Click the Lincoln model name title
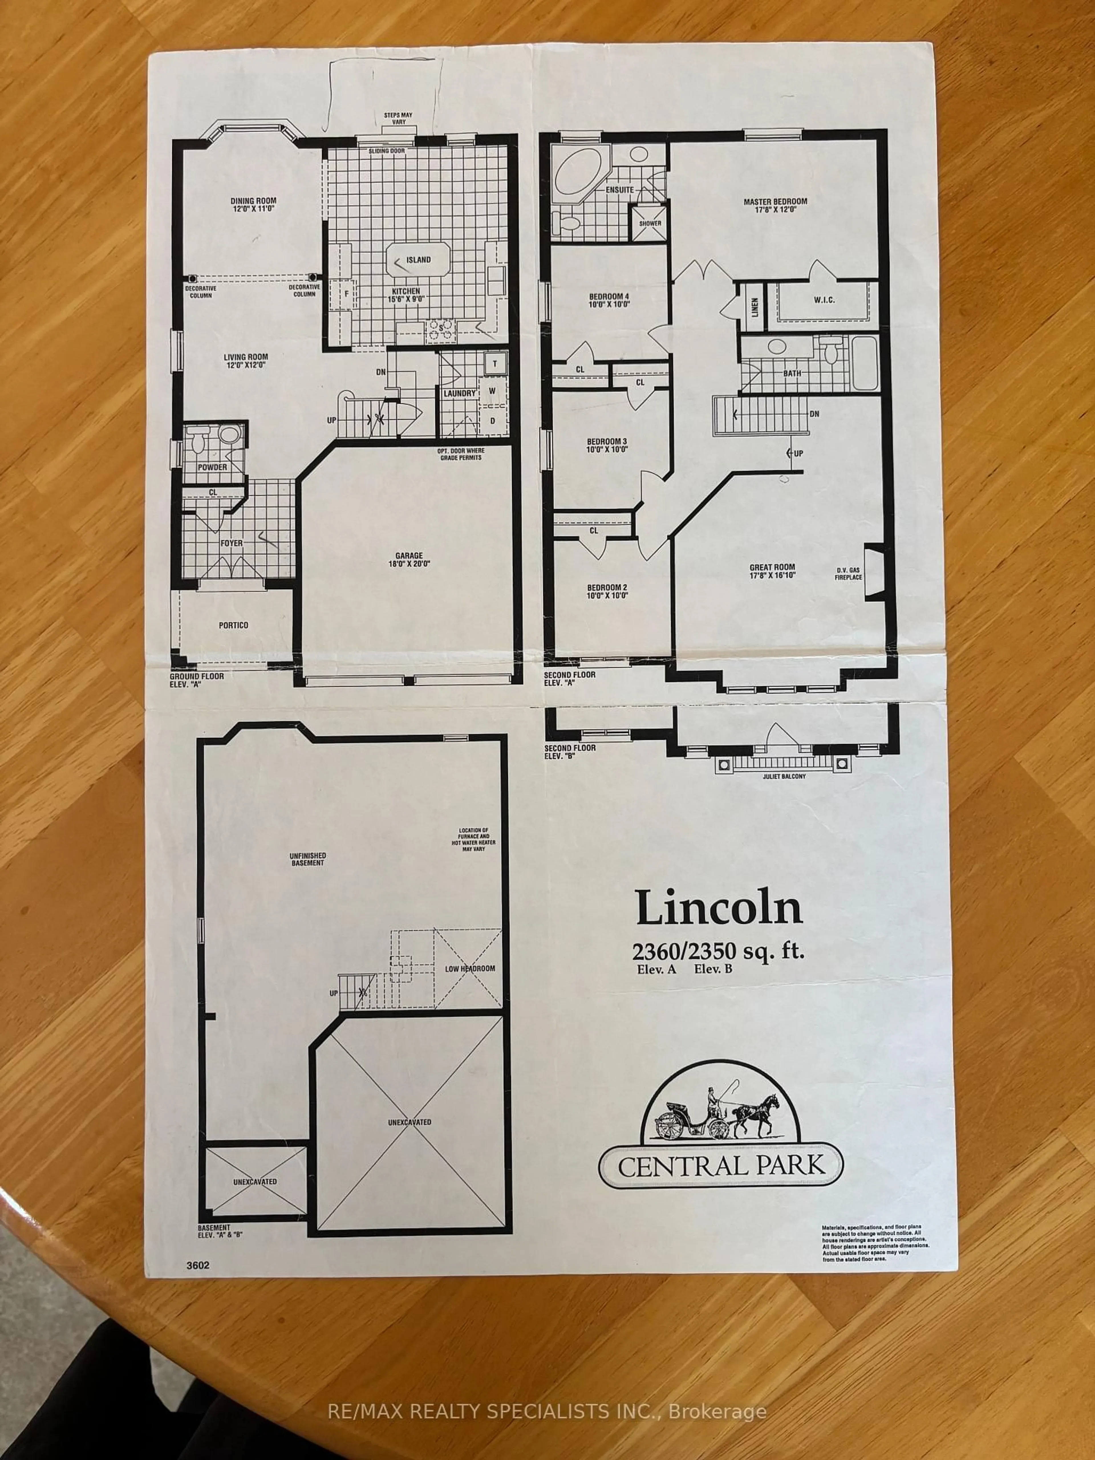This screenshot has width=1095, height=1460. (719, 909)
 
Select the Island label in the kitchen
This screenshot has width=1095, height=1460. (418, 259)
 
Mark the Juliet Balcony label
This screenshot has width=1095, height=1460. (783, 776)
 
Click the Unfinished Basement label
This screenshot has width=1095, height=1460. (308, 859)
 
